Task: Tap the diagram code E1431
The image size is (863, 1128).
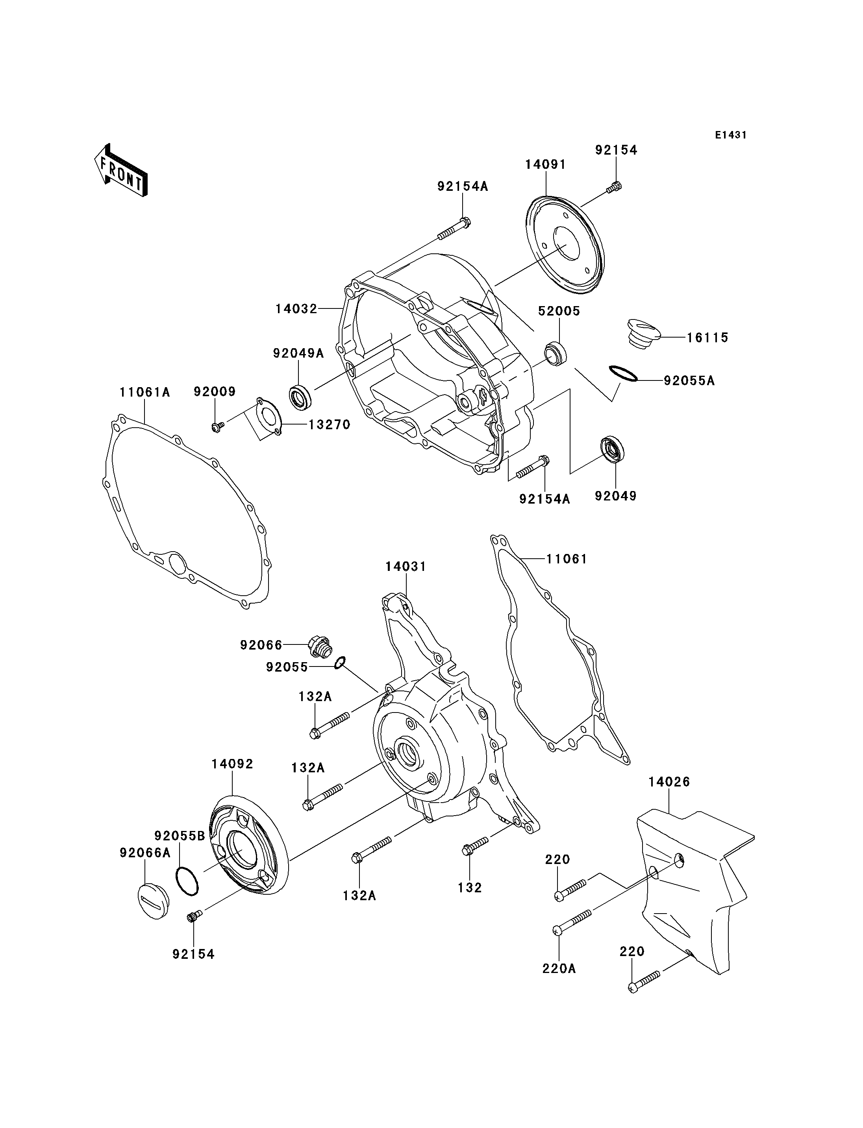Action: [730, 135]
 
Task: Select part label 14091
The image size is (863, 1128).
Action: [546, 164]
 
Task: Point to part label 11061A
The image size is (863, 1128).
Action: [145, 392]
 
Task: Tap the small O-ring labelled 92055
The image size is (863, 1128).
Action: [339, 663]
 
